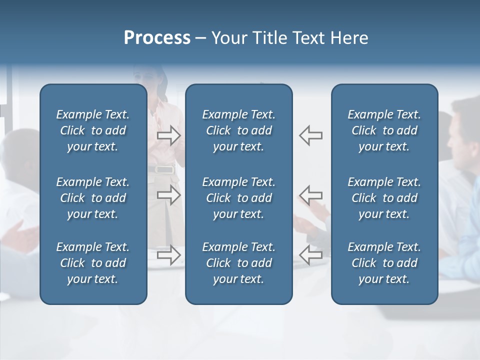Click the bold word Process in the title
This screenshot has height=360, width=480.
coord(157,38)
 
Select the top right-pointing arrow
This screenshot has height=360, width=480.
coord(169,135)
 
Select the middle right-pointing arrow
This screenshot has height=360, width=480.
coord(169,195)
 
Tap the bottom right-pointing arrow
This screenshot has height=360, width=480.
coord(169,255)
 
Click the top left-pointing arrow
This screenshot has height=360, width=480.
coord(310,135)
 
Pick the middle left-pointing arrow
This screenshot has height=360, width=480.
coord(310,195)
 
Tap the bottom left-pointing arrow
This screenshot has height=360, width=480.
coord(310,255)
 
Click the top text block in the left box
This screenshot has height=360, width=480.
coord(93,130)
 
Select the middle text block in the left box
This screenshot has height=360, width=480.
coord(93,198)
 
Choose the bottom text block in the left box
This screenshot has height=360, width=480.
coord(93,263)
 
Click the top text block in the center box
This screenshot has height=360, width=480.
coord(238,130)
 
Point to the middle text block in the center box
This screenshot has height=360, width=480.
coord(238,198)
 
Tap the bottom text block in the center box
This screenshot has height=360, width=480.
coord(238,263)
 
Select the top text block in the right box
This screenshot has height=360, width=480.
coord(384,130)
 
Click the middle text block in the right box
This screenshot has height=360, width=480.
coord(384,198)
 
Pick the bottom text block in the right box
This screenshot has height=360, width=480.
coord(384,263)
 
